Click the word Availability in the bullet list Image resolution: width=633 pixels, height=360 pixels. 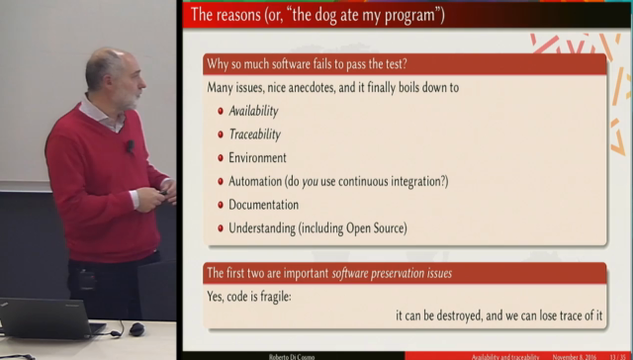tap(253, 111)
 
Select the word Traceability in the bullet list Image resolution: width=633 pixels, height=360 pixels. tap(254, 135)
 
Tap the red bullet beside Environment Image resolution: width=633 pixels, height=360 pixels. tap(221, 158)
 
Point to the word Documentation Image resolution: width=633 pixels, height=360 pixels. tap(263, 205)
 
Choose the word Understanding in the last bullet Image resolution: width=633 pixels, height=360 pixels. tap(265, 228)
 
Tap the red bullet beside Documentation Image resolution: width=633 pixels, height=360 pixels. tap(221, 206)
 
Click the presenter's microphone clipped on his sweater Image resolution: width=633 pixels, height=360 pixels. tap(129, 146)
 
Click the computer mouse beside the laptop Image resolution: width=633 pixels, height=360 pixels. tap(136, 329)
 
